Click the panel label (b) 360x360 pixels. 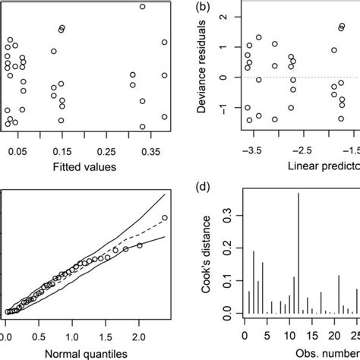203,8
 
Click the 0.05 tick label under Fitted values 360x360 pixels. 20,152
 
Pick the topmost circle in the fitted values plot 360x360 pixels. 142,7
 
